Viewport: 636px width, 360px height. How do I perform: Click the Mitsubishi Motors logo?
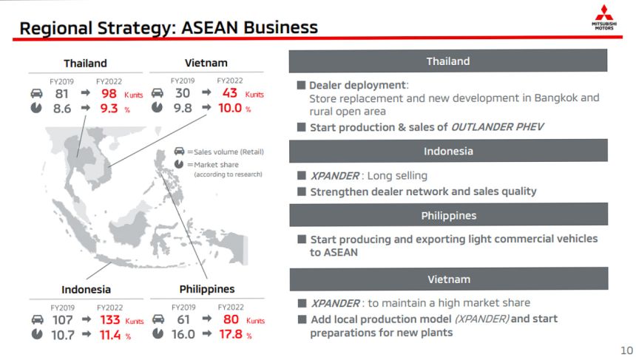[x=604, y=17]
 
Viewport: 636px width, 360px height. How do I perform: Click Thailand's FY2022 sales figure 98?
[x=109, y=94]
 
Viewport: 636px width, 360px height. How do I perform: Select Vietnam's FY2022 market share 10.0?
[x=230, y=108]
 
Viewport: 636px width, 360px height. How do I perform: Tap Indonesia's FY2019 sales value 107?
[x=62, y=320]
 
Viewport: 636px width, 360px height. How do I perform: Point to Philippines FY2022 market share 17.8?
[x=231, y=334]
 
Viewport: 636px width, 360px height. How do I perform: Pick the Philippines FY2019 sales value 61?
[x=183, y=319]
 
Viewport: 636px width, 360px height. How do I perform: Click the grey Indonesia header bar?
[x=448, y=151]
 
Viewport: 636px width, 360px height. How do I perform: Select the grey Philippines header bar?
[x=449, y=215]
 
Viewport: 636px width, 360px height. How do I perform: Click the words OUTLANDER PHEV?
[x=497, y=127]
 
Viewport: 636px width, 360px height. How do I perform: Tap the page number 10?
[x=626, y=350]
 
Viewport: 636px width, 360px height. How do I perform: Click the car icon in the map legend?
[x=179, y=152]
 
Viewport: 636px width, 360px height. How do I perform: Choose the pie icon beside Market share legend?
[x=179, y=164]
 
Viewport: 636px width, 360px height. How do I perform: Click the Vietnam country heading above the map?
[x=206, y=63]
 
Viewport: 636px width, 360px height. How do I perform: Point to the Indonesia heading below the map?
[x=86, y=290]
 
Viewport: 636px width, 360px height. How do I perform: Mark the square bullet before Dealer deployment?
[x=301, y=85]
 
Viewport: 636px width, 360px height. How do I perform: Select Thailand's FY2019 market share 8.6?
[x=62, y=109]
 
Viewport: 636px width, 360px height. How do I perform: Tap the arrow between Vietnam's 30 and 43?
[x=206, y=92]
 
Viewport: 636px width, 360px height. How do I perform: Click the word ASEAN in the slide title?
[x=209, y=27]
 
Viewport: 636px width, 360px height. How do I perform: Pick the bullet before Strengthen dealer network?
[x=302, y=191]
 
